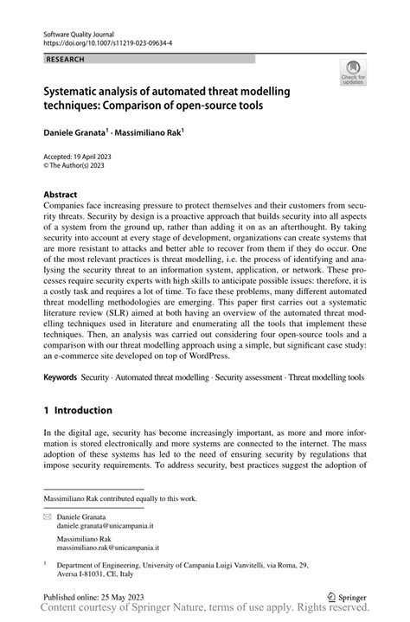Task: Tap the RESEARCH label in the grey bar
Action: (66, 59)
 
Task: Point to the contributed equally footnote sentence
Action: (120, 498)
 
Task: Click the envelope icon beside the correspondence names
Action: (48, 516)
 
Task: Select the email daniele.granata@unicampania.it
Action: (105, 525)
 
